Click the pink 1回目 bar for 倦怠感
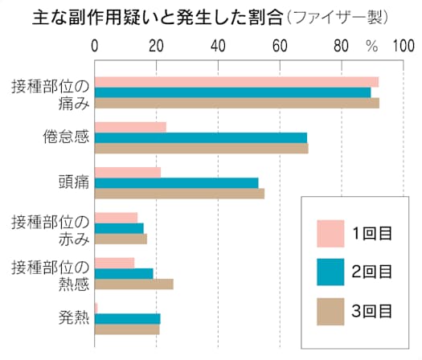point(130,127)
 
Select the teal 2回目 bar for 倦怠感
point(201,137)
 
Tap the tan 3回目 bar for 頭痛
point(179,193)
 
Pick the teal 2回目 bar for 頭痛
point(177,182)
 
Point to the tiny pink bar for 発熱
point(96,308)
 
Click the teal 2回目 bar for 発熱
point(128,318)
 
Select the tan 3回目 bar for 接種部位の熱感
point(134,284)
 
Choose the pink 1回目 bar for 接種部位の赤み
point(117,218)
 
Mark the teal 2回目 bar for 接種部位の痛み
point(233,92)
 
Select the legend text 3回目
point(372,309)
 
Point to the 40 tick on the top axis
point(219,46)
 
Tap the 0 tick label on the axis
point(96,46)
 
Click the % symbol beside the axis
point(371,47)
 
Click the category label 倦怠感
point(64,137)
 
